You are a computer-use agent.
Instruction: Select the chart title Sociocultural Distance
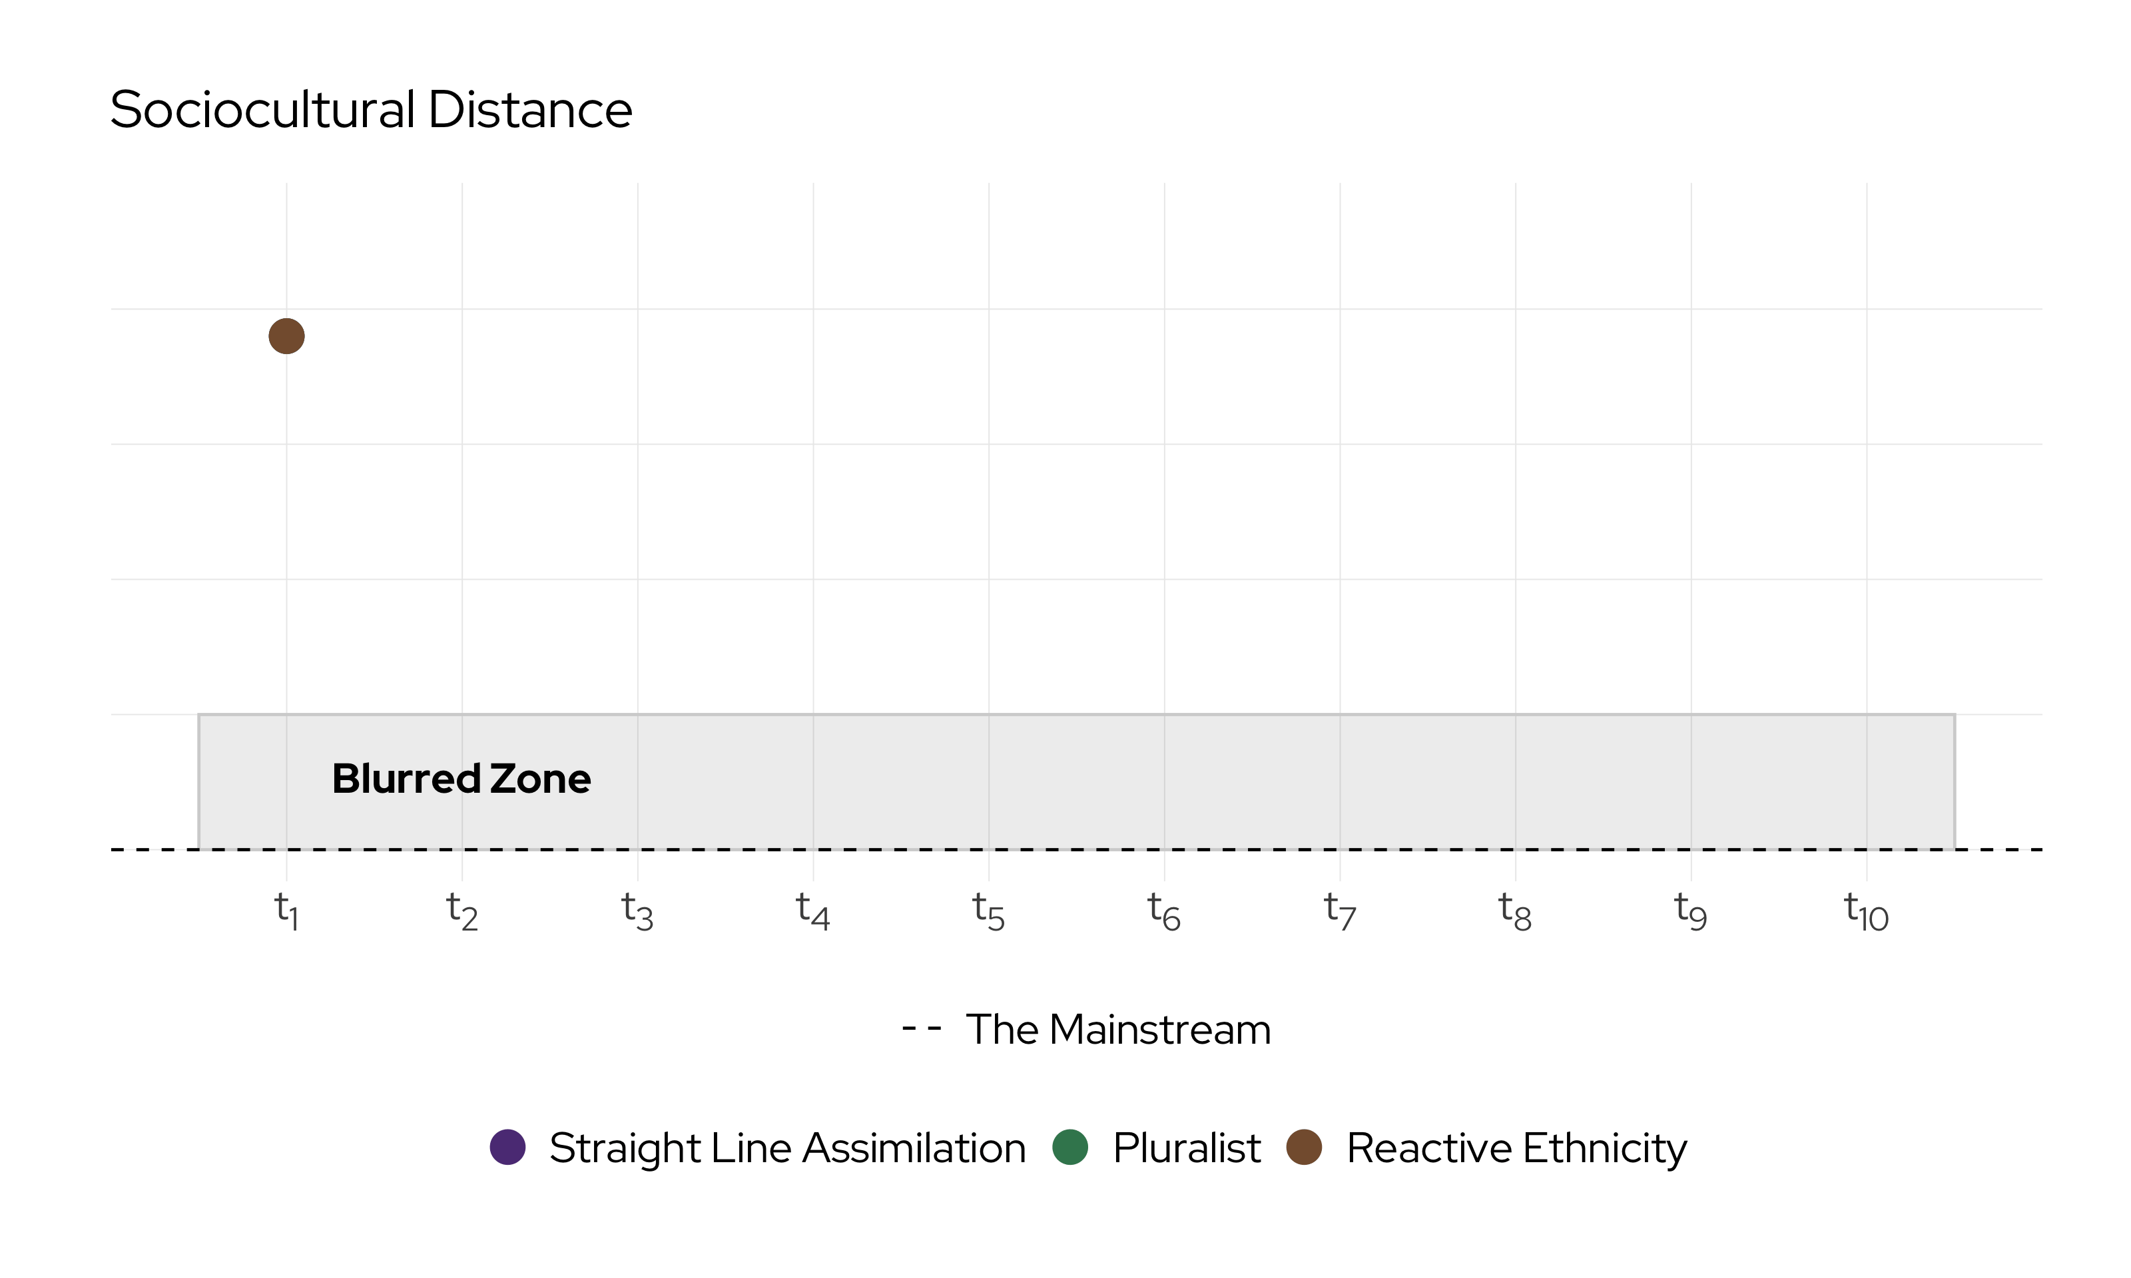371,110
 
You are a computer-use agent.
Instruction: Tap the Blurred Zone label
461,779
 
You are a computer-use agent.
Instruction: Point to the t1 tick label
286,911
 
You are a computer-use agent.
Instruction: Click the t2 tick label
461,911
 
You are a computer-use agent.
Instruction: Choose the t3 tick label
637,911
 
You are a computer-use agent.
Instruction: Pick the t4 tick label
812,911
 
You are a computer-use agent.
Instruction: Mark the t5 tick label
988,911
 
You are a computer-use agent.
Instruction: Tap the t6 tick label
1163,911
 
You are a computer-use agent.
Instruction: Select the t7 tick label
1339,911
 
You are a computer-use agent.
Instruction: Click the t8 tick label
1515,911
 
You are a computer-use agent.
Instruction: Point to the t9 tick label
1691,911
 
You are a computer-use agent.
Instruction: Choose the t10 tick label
1866,911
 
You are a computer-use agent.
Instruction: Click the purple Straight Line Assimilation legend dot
507,1147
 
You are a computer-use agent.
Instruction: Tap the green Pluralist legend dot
1069,1147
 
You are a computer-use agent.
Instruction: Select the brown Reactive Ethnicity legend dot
1303,1147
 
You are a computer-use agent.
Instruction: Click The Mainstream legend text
1117,1029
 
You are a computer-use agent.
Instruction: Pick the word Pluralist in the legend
1186,1148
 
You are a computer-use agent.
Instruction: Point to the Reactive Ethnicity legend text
1516,1148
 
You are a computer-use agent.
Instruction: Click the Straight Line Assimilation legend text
787,1148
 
